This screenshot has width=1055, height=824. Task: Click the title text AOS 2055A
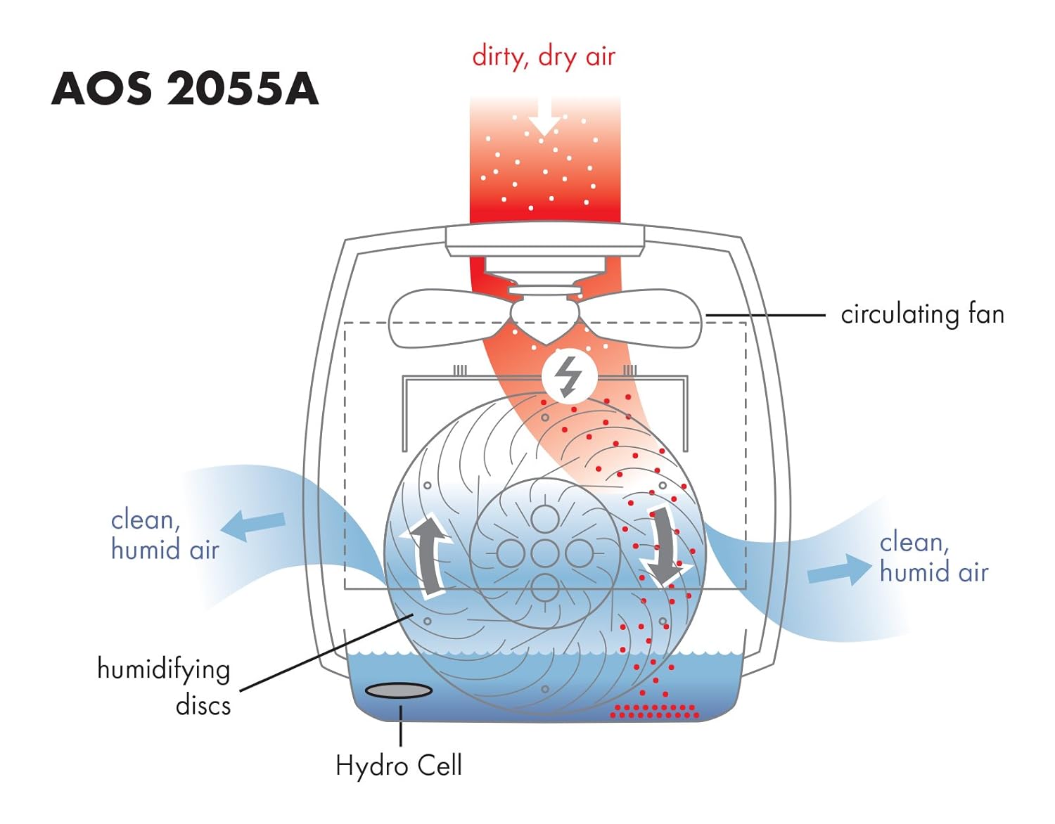click(x=185, y=89)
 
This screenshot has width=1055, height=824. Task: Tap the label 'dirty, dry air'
click(x=544, y=56)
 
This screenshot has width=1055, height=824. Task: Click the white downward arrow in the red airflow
click(x=544, y=120)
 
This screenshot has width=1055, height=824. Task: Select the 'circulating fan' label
click(x=922, y=314)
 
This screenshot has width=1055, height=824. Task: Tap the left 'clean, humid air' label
click(x=165, y=534)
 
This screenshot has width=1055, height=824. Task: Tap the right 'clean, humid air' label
click(x=933, y=557)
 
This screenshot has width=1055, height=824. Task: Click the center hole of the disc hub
click(x=544, y=554)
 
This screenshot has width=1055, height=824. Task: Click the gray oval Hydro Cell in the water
click(x=399, y=691)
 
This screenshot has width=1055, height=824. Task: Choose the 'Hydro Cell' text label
click(x=398, y=765)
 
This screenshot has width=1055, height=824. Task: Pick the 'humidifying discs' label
click(x=165, y=685)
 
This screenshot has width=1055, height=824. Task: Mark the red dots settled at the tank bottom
click(x=654, y=712)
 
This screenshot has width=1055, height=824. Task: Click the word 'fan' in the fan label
click(x=985, y=314)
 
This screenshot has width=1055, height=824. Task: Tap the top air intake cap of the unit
click(x=545, y=240)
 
